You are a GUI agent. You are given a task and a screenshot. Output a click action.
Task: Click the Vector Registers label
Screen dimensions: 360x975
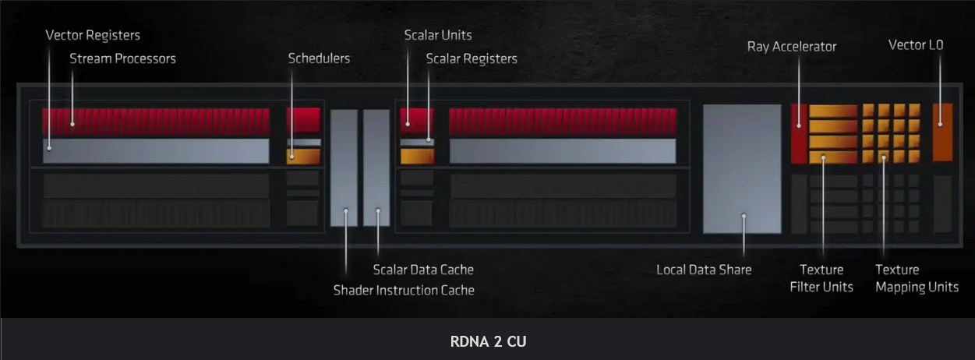tap(93, 36)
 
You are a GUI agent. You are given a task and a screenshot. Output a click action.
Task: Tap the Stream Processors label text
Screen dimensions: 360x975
tap(122, 58)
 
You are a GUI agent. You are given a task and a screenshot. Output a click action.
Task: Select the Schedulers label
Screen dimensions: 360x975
tap(319, 58)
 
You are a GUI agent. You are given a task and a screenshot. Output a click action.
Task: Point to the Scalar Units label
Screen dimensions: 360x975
tap(437, 35)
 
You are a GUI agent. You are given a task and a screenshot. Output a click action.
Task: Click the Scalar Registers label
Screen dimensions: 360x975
tap(471, 58)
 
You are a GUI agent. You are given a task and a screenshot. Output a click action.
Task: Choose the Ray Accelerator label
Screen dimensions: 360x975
tap(791, 47)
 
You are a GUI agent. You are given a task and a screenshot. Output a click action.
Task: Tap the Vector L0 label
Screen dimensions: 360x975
tap(915, 45)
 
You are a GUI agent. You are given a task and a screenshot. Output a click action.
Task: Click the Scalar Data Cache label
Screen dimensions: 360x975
tap(422, 270)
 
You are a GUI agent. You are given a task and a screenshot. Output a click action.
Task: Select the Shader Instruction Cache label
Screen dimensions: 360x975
tap(404, 291)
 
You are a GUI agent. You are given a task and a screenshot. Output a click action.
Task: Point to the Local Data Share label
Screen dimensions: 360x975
tap(704, 270)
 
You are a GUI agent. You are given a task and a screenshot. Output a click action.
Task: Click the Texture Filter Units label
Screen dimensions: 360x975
tap(821, 278)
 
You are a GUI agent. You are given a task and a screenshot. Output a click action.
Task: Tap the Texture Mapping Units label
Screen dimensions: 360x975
tap(917, 278)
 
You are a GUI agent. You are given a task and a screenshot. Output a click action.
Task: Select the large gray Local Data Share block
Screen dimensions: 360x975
tap(741, 168)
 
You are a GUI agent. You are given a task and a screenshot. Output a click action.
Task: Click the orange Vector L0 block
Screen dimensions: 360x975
tap(942, 131)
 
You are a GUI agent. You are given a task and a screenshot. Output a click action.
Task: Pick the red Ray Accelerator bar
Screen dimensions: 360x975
tap(798, 133)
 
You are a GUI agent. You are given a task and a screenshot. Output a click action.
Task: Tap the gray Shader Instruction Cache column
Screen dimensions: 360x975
tap(344, 168)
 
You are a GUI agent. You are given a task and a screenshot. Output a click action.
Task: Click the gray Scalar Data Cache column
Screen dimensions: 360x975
tap(376, 168)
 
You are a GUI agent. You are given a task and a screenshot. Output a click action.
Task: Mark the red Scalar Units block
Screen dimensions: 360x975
tap(416, 120)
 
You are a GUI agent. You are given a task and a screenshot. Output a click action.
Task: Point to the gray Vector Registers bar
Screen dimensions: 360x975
tap(156, 151)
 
